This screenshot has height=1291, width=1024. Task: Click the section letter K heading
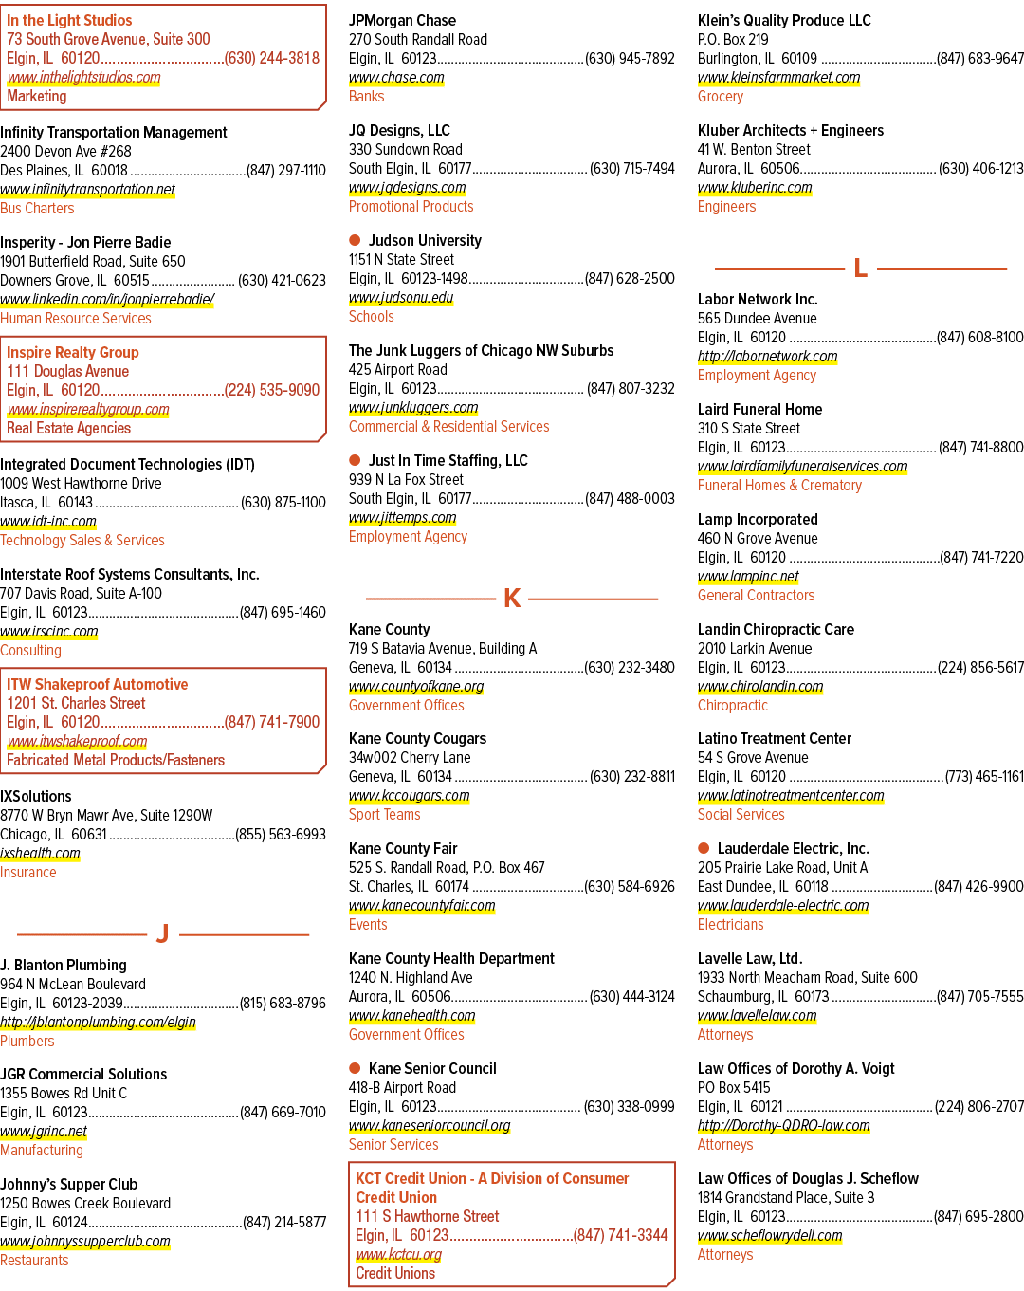[512, 599]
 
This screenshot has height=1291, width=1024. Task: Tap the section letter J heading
[162, 933]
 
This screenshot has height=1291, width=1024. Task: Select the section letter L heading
[860, 268]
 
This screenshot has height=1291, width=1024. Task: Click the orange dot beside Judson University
[355, 240]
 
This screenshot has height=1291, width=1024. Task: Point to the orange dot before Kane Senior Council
[355, 1068]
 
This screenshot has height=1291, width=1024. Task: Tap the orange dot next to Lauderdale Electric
[704, 848]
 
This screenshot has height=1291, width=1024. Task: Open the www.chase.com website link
[396, 78]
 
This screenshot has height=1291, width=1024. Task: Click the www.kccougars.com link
[409, 796]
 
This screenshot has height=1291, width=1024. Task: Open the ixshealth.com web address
[40, 853]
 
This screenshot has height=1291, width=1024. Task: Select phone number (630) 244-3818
[272, 58]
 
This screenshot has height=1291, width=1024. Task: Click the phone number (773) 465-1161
[984, 776]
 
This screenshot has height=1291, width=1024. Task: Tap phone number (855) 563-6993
[281, 834]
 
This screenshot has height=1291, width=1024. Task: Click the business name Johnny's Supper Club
[69, 1184]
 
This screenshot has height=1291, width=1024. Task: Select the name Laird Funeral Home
[759, 409]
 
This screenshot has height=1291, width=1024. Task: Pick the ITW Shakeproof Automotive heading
[97, 684]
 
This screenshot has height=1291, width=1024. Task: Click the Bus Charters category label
[37, 208]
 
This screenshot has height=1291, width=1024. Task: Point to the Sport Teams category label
[385, 814]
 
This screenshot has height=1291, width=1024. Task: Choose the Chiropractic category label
[733, 705]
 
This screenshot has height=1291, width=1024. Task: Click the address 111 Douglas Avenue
[67, 371]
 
